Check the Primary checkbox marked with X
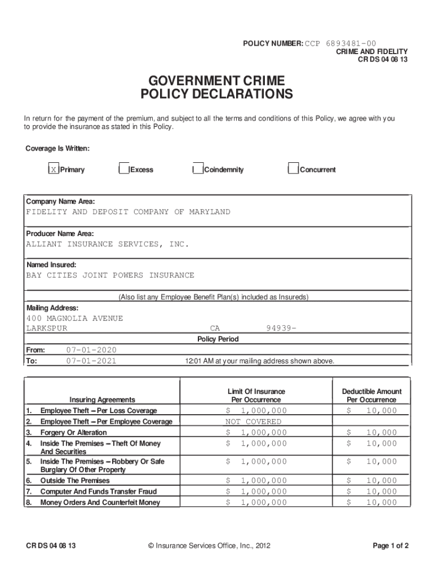[53, 170]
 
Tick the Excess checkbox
[124, 170]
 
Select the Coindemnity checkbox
[197, 170]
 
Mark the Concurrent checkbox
[293, 170]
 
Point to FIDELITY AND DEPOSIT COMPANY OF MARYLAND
[128, 212]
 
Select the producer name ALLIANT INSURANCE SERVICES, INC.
[108, 244]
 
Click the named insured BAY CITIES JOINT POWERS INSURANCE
[110, 276]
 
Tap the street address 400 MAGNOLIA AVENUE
[74, 318]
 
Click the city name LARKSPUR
[47, 329]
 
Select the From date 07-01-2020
[91, 350]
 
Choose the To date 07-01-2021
[91, 361]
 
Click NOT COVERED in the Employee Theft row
[253, 421]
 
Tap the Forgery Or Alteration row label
[73, 433]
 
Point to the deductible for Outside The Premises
[371, 481]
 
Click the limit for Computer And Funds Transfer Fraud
[256, 491]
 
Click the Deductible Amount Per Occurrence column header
[371, 396]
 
